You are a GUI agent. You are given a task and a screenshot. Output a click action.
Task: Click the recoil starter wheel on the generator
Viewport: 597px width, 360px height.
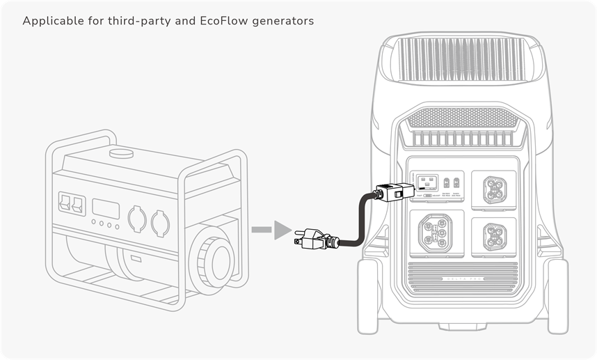coord(212,256)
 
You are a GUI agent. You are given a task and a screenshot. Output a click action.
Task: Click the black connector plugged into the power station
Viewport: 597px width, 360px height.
coord(392,192)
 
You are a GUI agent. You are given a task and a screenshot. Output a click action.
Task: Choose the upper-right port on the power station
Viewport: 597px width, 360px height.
coord(493,187)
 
